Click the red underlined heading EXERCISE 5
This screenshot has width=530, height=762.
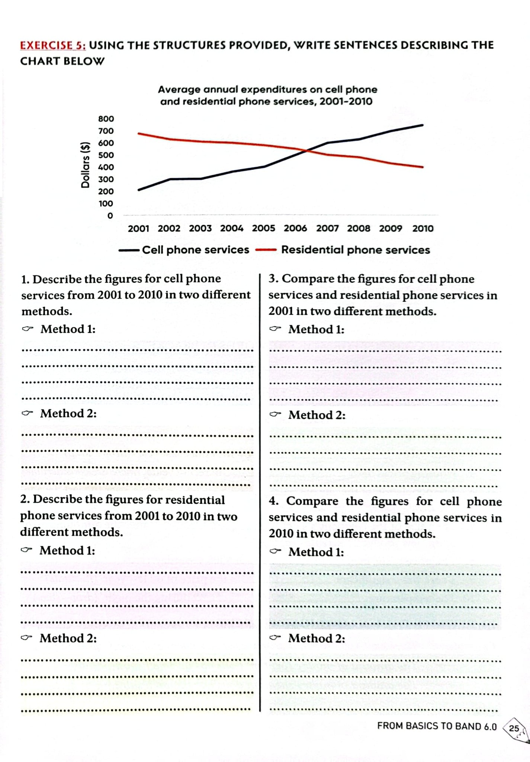point(53,45)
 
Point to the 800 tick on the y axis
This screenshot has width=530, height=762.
point(106,119)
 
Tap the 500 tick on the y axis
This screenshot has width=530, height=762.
point(106,155)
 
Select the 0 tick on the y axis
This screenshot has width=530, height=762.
point(110,216)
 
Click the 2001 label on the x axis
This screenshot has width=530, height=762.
point(138,228)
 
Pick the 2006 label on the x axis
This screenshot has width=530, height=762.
point(295,228)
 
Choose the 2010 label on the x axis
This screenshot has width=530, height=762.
point(423,228)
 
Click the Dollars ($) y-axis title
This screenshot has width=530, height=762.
point(85,165)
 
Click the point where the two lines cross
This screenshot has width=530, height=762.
point(306,151)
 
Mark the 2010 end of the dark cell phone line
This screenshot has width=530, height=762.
point(423,125)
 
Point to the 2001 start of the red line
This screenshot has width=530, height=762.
point(138,133)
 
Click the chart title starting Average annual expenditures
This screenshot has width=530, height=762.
point(267,95)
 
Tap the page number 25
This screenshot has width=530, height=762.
point(514,728)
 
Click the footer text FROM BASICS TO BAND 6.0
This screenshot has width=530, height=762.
point(437,726)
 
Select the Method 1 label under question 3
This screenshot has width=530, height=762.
point(316,329)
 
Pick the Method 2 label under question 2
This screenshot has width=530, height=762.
point(68,638)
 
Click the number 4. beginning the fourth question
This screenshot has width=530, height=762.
point(274,501)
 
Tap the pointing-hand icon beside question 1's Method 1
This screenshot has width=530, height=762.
point(27,329)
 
